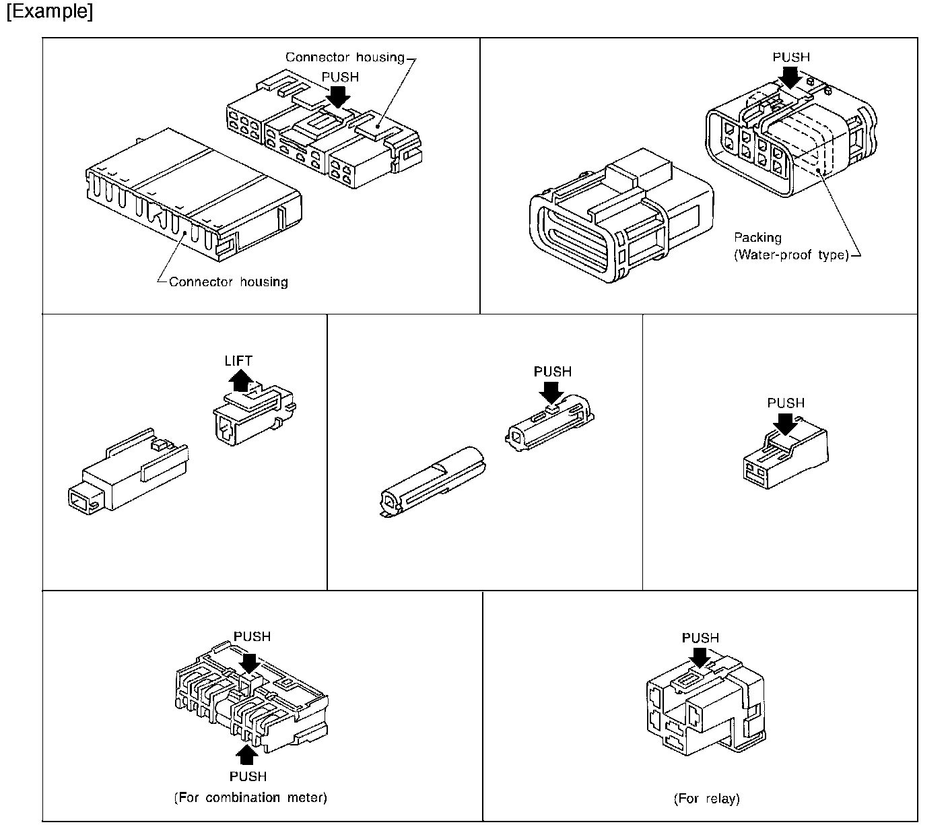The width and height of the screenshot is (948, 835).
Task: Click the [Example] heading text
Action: pyautogui.click(x=49, y=13)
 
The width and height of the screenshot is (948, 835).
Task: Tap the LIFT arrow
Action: pyautogui.click(x=240, y=382)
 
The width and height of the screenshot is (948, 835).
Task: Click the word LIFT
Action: pyautogui.click(x=238, y=361)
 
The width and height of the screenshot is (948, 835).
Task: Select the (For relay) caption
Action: pyautogui.click(x=706, y=799)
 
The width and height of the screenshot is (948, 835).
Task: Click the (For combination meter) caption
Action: pyautogui.click(x=250, y=797)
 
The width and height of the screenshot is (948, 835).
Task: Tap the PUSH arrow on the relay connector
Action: pyautogui.click(x=700, y=657)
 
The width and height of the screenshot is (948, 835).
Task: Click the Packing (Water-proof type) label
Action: pyautogui.click(x=790, y=246)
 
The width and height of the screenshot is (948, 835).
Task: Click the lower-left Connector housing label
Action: pyautogui.click(x=228, y=281)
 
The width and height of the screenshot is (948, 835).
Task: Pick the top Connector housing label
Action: pyautogui.click(x=345, y=57)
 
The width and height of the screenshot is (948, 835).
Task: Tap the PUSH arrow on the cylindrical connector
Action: pyautogui.click(x=552, y=391)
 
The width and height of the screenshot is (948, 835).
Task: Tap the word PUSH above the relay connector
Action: pyautogui.click(x=700, y=638)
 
